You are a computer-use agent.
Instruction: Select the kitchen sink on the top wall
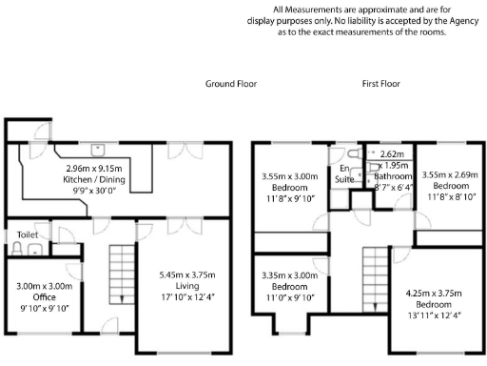click(x=98, y=150)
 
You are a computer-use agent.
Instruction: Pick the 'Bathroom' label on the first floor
click(x=392, y=176)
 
